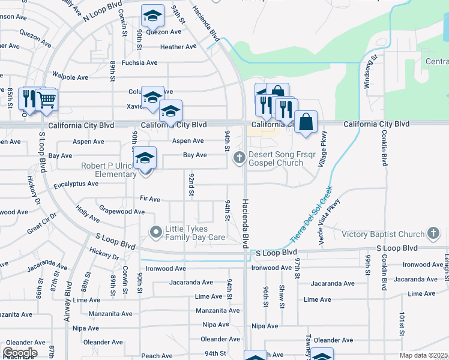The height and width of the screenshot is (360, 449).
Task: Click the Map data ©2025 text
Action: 423,355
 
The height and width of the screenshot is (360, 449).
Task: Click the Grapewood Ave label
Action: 122,212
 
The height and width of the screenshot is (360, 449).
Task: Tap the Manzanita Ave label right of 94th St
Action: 217,311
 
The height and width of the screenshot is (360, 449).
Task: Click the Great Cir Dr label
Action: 41,224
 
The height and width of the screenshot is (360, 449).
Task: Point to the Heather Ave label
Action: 178,47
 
